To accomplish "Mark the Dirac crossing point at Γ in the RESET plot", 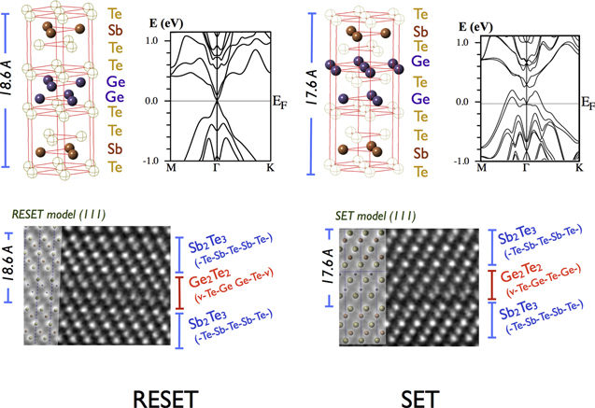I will click(x=217, y=101).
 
